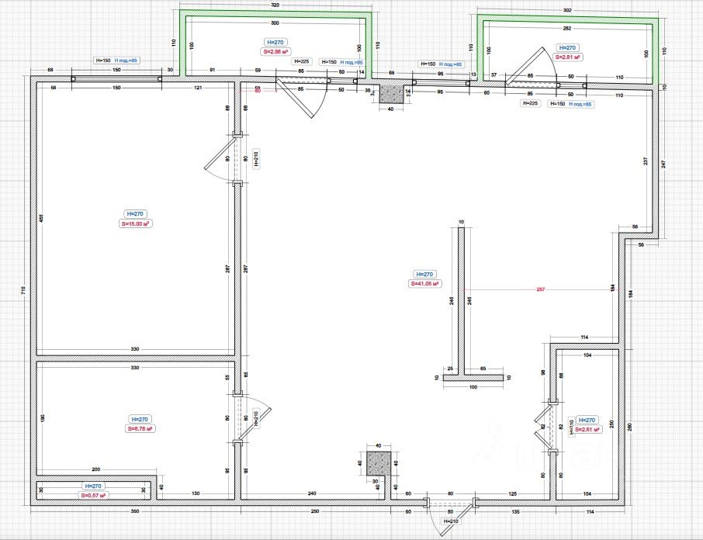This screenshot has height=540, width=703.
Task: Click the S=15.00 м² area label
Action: tap(134, 224)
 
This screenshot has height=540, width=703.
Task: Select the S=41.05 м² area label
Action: tap(424, 284)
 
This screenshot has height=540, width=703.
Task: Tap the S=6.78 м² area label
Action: tap(140, 428)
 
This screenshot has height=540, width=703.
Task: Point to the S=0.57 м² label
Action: tap(93, 494)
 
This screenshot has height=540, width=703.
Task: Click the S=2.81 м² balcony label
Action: tap(569, 57)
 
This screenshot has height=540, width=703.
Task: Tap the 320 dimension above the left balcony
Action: tap(275, 5)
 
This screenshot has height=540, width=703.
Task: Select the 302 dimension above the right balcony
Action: tap(566, 10)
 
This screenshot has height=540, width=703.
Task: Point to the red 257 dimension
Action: tap(541, 289)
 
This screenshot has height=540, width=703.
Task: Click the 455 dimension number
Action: tap(41, 220)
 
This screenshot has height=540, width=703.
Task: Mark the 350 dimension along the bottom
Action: tap(133, 512)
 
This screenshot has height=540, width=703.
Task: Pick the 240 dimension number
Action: tap(311, 493)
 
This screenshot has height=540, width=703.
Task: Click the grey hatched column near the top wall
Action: tap(391, 94)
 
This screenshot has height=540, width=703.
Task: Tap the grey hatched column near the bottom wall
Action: tap(378, 463)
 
